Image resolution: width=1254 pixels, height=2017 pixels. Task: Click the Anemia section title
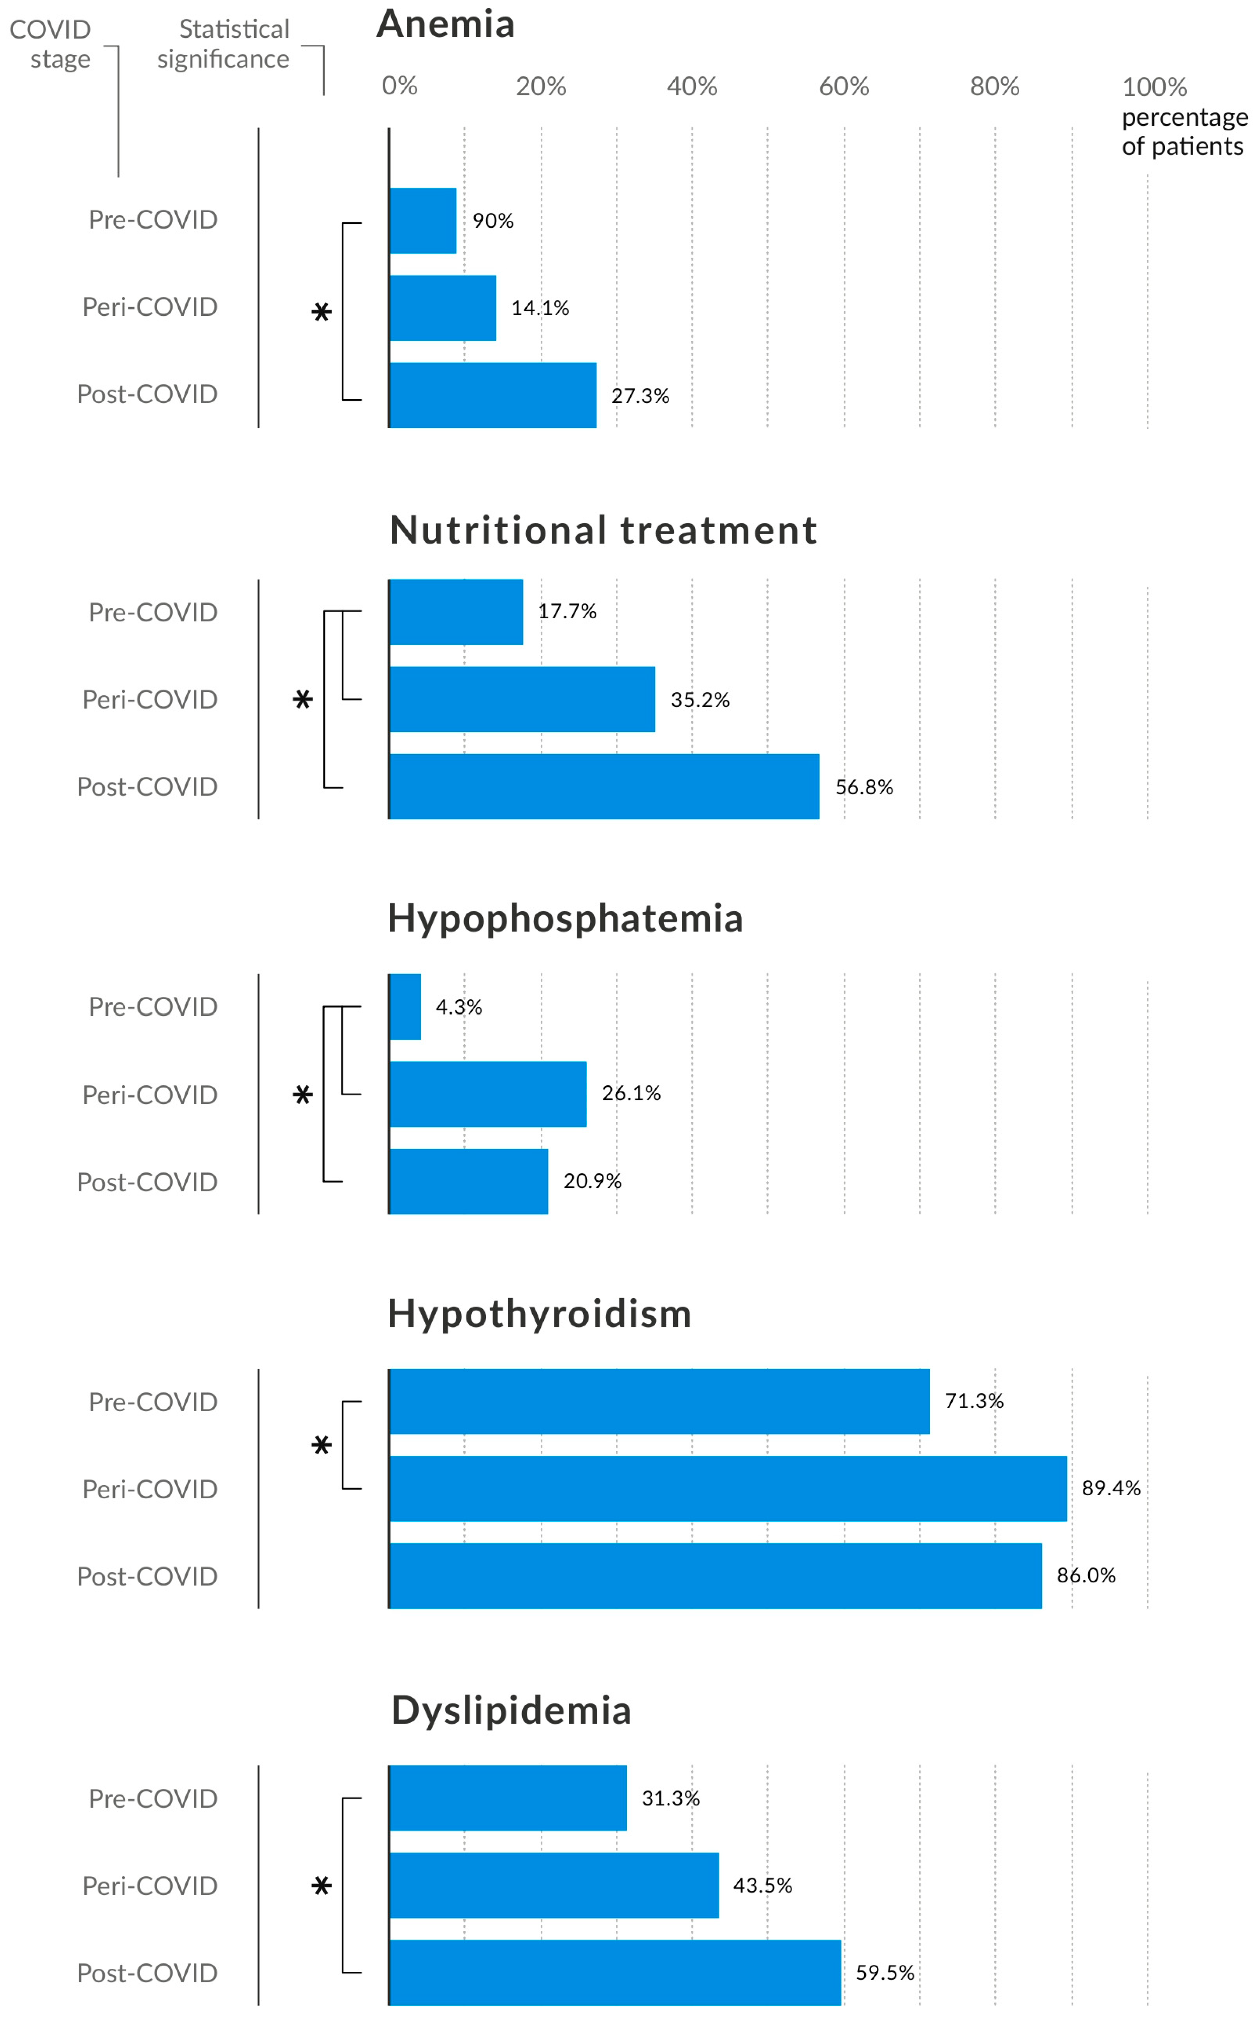[445, 24]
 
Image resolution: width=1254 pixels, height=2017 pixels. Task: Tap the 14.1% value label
[540, 308]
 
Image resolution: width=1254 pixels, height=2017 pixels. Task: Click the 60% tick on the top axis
[844, 86]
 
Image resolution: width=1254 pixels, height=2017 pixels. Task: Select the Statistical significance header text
[224, 44]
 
